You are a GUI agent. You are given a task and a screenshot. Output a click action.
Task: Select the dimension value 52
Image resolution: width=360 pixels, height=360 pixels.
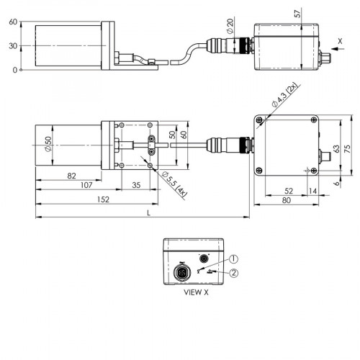pyautogui.click(x=288, y=190)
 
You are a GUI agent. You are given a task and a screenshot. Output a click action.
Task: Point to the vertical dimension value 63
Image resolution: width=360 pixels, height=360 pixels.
pyautogui.click(x=336, y=148)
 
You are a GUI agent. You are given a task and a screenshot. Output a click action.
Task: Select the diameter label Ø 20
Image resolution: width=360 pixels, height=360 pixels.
pyautogui.click(x=230, y=27)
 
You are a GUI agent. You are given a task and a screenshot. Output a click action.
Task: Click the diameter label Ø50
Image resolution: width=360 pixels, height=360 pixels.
pyautogui.click(x=48, y=146)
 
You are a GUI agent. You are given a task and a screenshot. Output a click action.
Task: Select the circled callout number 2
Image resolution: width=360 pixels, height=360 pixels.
pyautogui.click(x=234, y=272)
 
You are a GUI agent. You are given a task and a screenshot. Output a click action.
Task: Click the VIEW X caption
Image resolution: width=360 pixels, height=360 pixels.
pyautogui.click(x=196, y=293)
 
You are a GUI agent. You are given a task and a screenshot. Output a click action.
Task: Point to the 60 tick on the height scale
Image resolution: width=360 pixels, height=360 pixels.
pyautogui.click(x=12, y=22)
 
